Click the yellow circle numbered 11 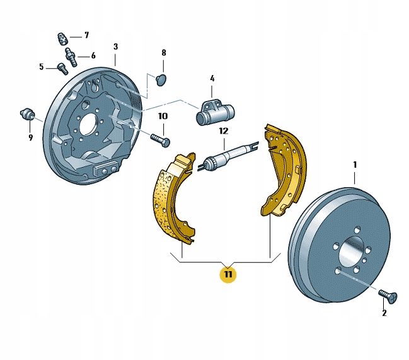tap(228, 274)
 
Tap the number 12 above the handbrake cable tap(224, 131)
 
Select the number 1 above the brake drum tap(355, 165)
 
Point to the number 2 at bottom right tap(384, 313)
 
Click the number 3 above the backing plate tap(115, 47)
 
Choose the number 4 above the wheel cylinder tap(212, 78)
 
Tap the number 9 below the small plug tap(30, 137)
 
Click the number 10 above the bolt tap(163, 116)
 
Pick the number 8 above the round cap tap(164, 53)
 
